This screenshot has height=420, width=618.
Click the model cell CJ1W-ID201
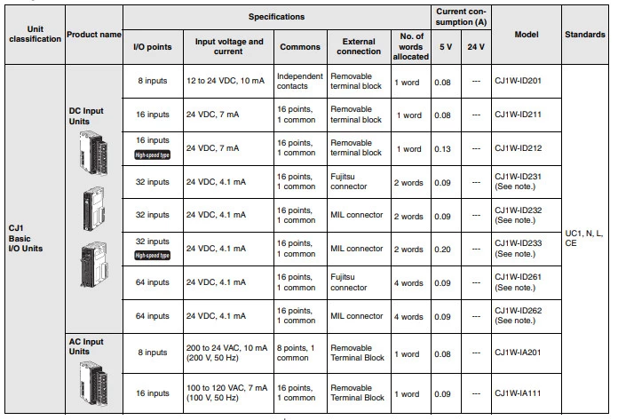(x=521, y=81)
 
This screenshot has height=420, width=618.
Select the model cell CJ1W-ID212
(x=521, y=149)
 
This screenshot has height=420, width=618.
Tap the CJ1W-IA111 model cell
(x=521, y=394)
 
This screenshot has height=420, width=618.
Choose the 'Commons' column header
(x=300, y=46)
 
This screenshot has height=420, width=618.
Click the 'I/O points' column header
(x=153, y=46)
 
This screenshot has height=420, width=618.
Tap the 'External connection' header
(x=359, y=46)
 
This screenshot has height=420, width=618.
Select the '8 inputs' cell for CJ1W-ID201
(x=153, y=81)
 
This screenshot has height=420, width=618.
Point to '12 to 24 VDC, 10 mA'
(x=226, y=81)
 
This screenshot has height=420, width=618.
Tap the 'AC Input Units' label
(x=87, y=346)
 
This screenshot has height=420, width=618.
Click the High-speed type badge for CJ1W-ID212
(x=153, y=155)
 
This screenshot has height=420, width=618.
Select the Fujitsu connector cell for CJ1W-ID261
(x=349, y=282)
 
